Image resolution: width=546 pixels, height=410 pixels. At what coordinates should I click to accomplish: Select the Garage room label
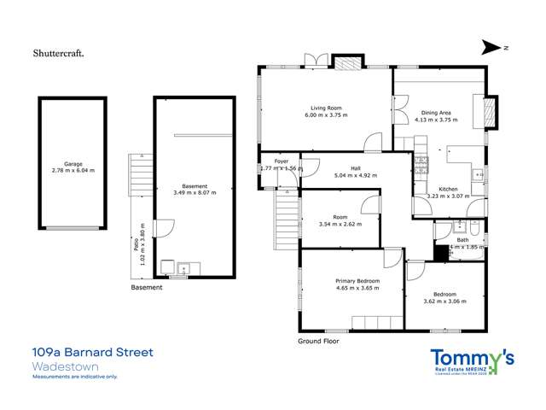coord(73,164)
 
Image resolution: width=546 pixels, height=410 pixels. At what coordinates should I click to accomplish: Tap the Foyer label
coord(281,161)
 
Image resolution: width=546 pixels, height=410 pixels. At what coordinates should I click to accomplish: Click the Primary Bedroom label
coord(357,281)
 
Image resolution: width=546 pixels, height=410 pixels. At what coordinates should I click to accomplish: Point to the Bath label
coord(463,240)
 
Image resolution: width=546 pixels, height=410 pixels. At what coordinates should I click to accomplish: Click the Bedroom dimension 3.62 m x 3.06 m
coord(445,301)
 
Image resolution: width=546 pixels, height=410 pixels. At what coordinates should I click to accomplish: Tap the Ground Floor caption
coord(318,341)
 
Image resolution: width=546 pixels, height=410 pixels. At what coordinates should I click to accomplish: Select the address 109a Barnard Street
coord(92,353)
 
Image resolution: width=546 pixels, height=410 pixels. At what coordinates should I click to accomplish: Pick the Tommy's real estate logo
coord(471,361)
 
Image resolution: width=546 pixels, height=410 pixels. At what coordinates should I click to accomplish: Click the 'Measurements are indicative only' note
coord(74,377)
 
